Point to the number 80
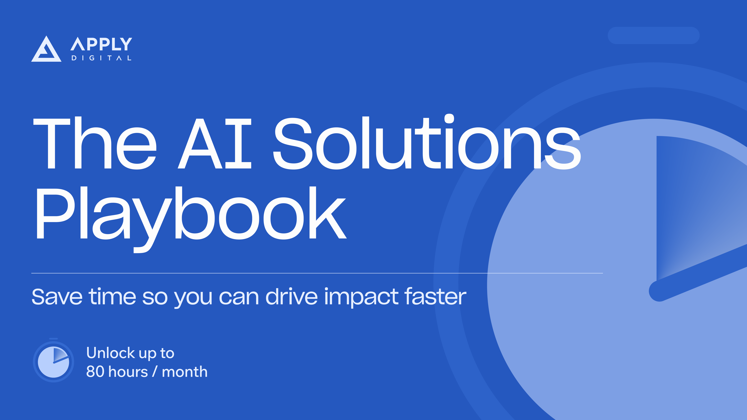click(95, 372)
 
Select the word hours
click(128, 372)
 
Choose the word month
click(185, 372)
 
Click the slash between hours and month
click(155, 372)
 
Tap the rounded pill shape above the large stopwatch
click(653, 35)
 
